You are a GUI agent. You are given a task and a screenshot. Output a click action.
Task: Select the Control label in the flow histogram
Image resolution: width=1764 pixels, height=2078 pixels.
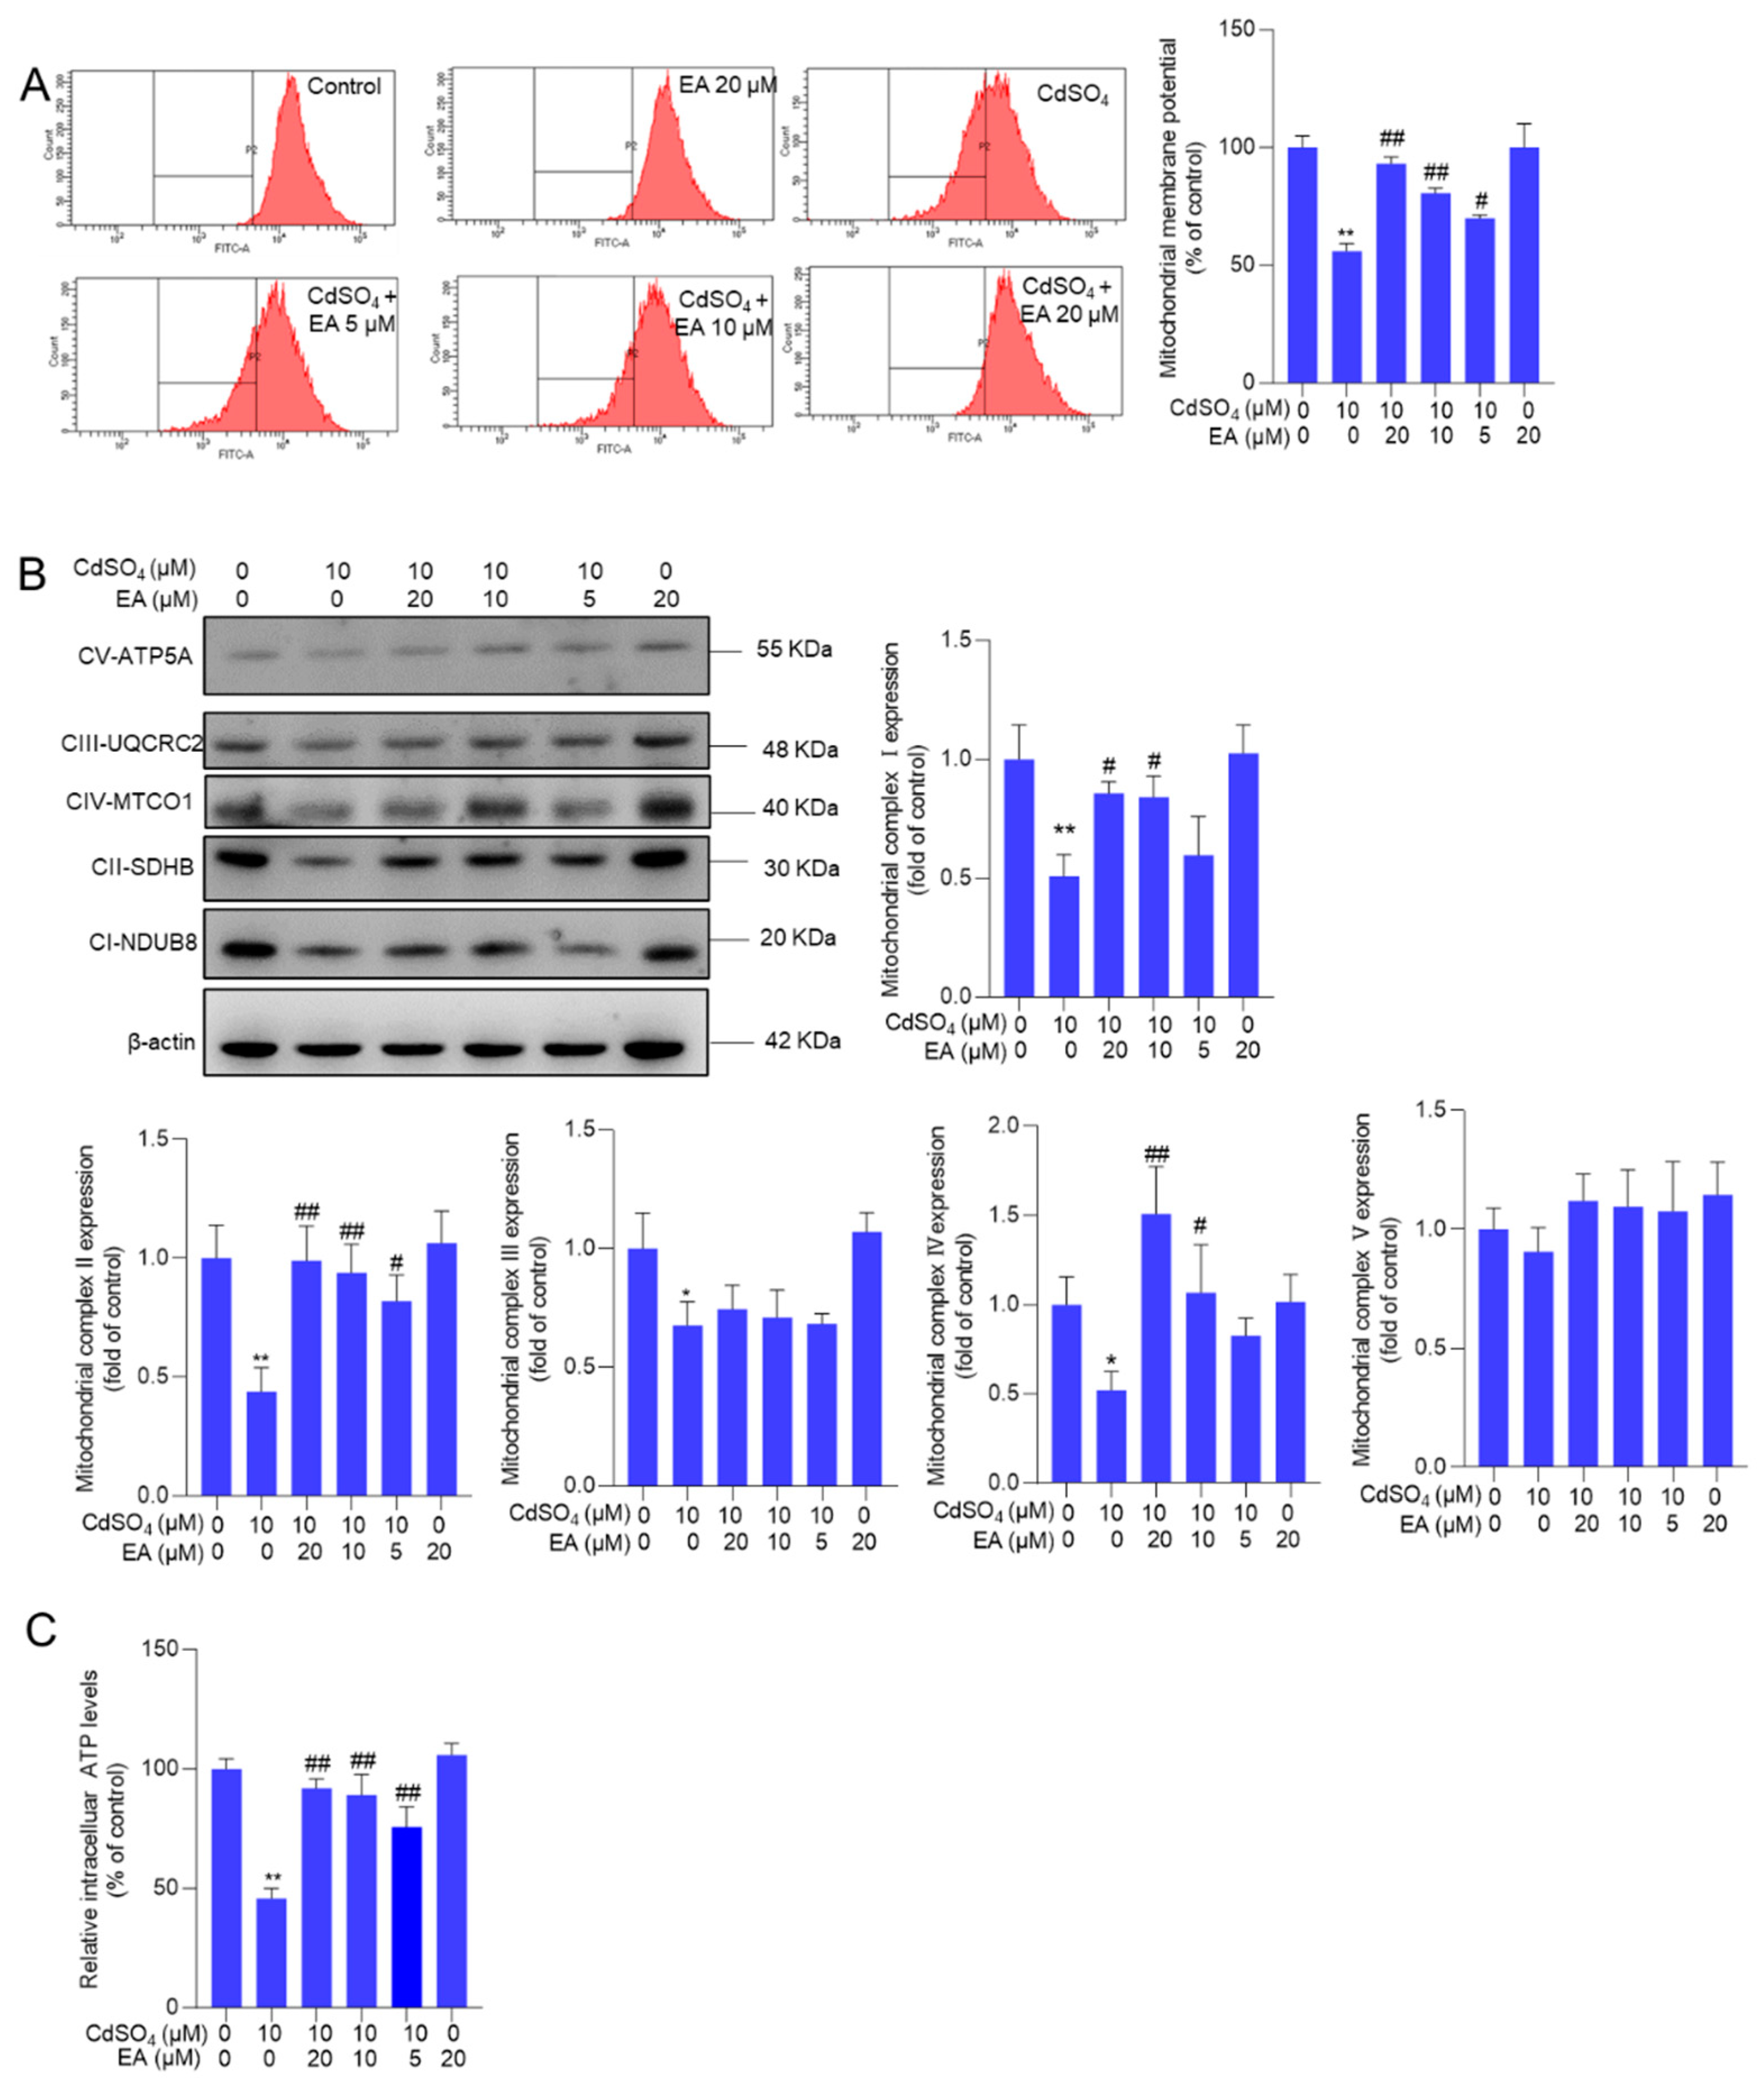click(344, 87)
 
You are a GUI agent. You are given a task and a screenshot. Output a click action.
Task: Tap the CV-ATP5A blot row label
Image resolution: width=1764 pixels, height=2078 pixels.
click(135, 656)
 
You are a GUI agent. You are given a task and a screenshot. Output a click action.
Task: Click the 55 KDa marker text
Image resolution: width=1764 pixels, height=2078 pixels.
click(794, 649)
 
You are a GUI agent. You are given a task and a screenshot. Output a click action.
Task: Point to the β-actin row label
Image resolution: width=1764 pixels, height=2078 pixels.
click(161, 1042)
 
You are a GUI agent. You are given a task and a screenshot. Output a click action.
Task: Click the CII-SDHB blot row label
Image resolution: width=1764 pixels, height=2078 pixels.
click(143, 867)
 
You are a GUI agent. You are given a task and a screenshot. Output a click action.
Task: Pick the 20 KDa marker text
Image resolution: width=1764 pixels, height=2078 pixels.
click(797, 938)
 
